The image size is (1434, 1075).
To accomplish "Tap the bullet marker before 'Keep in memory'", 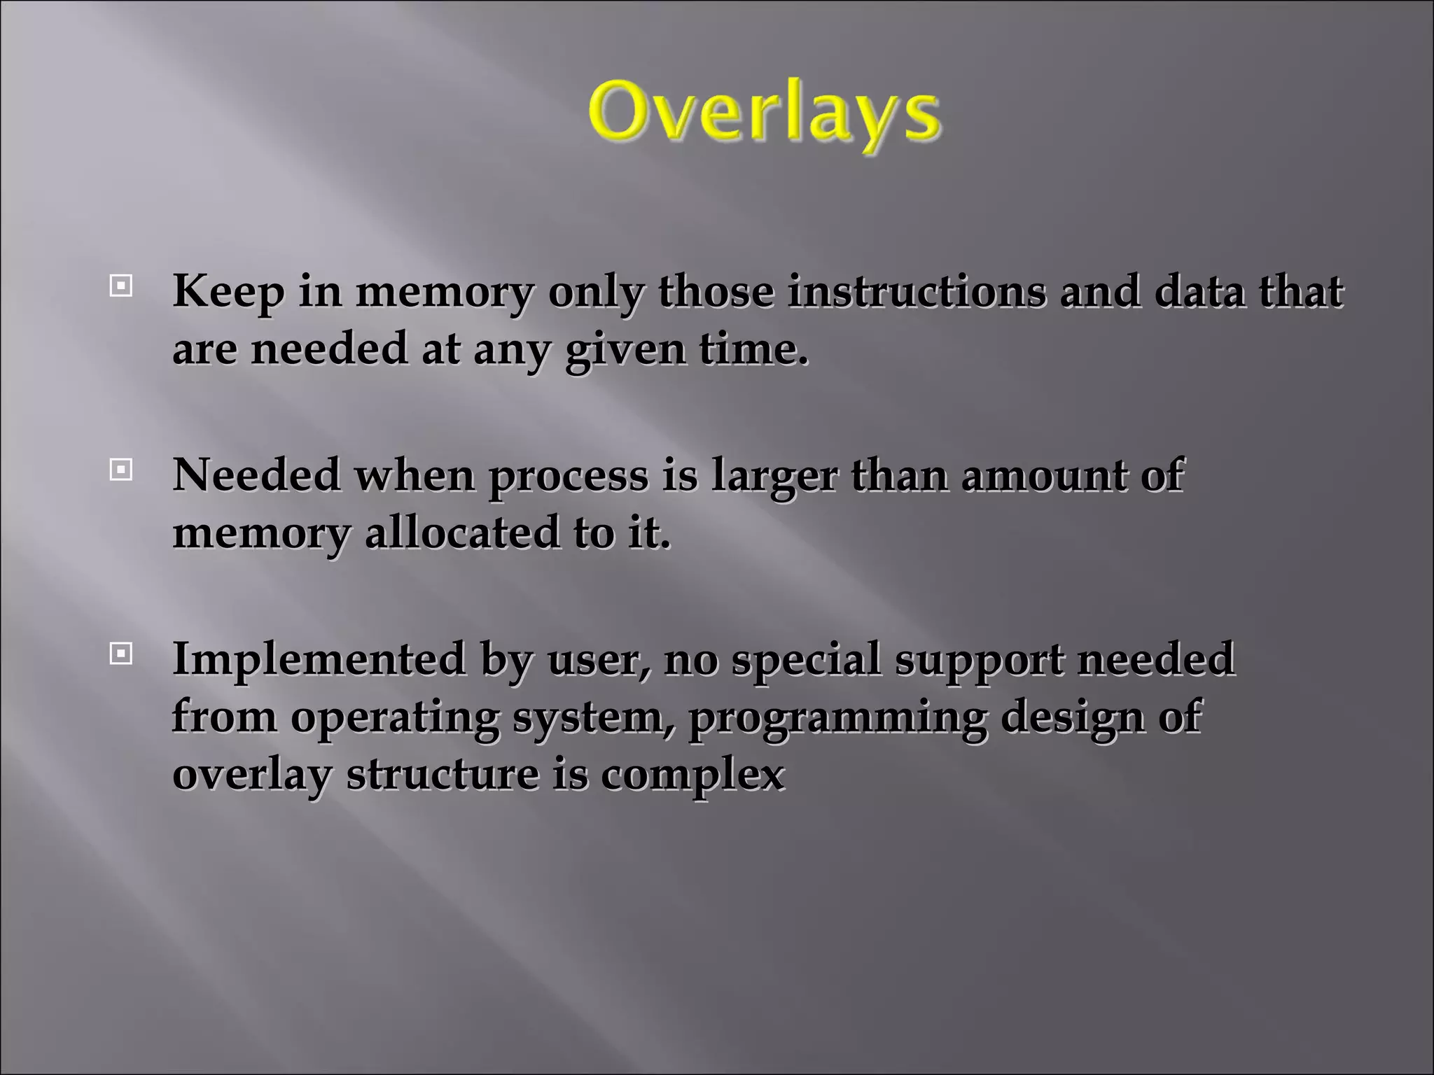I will tap(121, 286).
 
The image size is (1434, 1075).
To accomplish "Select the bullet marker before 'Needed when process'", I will tap(121, 470).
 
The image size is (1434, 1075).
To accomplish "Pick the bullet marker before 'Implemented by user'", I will tap(121, 654).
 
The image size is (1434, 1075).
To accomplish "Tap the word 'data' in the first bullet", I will tap(1199, 292).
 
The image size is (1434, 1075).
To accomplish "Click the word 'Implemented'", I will tap(319, 660).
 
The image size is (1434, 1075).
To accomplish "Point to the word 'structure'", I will tap(442, 775).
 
